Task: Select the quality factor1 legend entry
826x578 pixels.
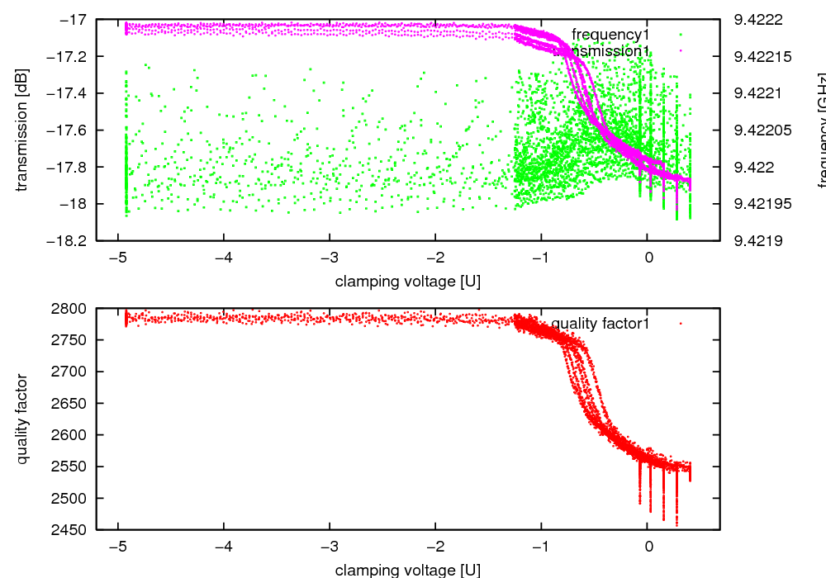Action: click(601, 324)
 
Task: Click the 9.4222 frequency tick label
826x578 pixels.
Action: click(756, 19)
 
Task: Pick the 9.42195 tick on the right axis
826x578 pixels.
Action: click(762, 204)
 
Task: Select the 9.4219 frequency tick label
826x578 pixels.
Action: click(756, 241)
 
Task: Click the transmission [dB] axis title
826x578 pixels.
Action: click(22, 130)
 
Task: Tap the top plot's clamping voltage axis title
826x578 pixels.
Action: click(407, 282)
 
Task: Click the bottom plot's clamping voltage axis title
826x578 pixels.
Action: click(407, 570)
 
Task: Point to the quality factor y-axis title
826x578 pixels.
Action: click(22, 419)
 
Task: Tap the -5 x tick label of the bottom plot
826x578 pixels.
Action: click(118, 547)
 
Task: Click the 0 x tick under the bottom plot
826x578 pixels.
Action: click(648, 547)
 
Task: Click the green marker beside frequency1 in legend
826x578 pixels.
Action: click(681, 34)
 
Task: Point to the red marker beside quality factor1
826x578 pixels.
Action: click(681, 324)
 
